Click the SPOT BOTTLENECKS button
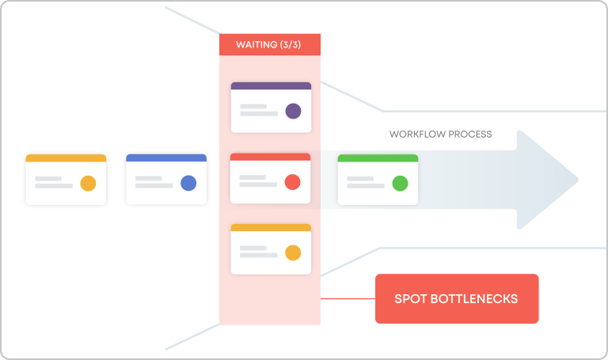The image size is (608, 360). (457, 299)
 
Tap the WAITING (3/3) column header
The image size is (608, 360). (270, 44)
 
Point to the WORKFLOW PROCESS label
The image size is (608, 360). (440, 134)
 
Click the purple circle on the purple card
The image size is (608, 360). (293, 111)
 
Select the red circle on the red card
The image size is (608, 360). (292, 182)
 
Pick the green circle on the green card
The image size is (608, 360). (400, 184)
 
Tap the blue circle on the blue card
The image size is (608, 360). (188, 184)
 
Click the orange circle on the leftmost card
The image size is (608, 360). (88, 184)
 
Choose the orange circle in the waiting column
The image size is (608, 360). (292, 253)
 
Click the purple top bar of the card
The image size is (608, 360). (271, 85)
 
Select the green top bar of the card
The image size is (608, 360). (378, 158)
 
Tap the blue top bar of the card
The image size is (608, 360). (166, 158)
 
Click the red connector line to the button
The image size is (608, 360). (348, 299)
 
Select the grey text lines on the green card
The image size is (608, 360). (365, 182)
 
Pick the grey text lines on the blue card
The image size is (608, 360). (154, 182)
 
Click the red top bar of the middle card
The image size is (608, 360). (271, 157)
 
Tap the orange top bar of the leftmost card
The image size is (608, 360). (66, 158)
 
